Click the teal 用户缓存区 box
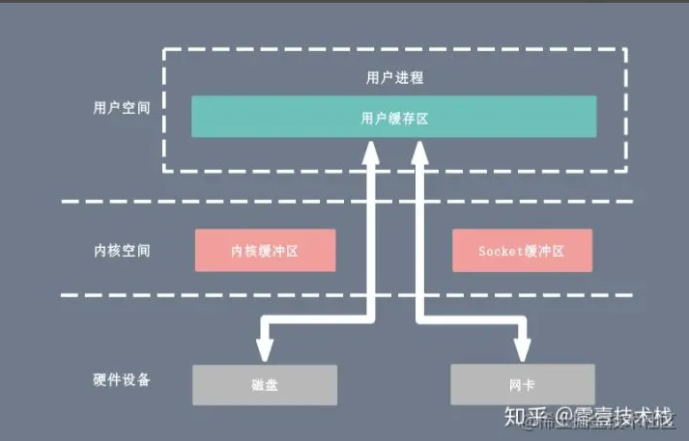[393, 117]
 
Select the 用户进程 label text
[393, 76]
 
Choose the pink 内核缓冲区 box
[265, 250]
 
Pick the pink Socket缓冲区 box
[521, 250]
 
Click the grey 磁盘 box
[265, 384]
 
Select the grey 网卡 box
[521, 384]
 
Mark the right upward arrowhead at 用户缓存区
[419, 151]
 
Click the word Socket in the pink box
[499, 250]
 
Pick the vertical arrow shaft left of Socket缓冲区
[419, 250]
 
